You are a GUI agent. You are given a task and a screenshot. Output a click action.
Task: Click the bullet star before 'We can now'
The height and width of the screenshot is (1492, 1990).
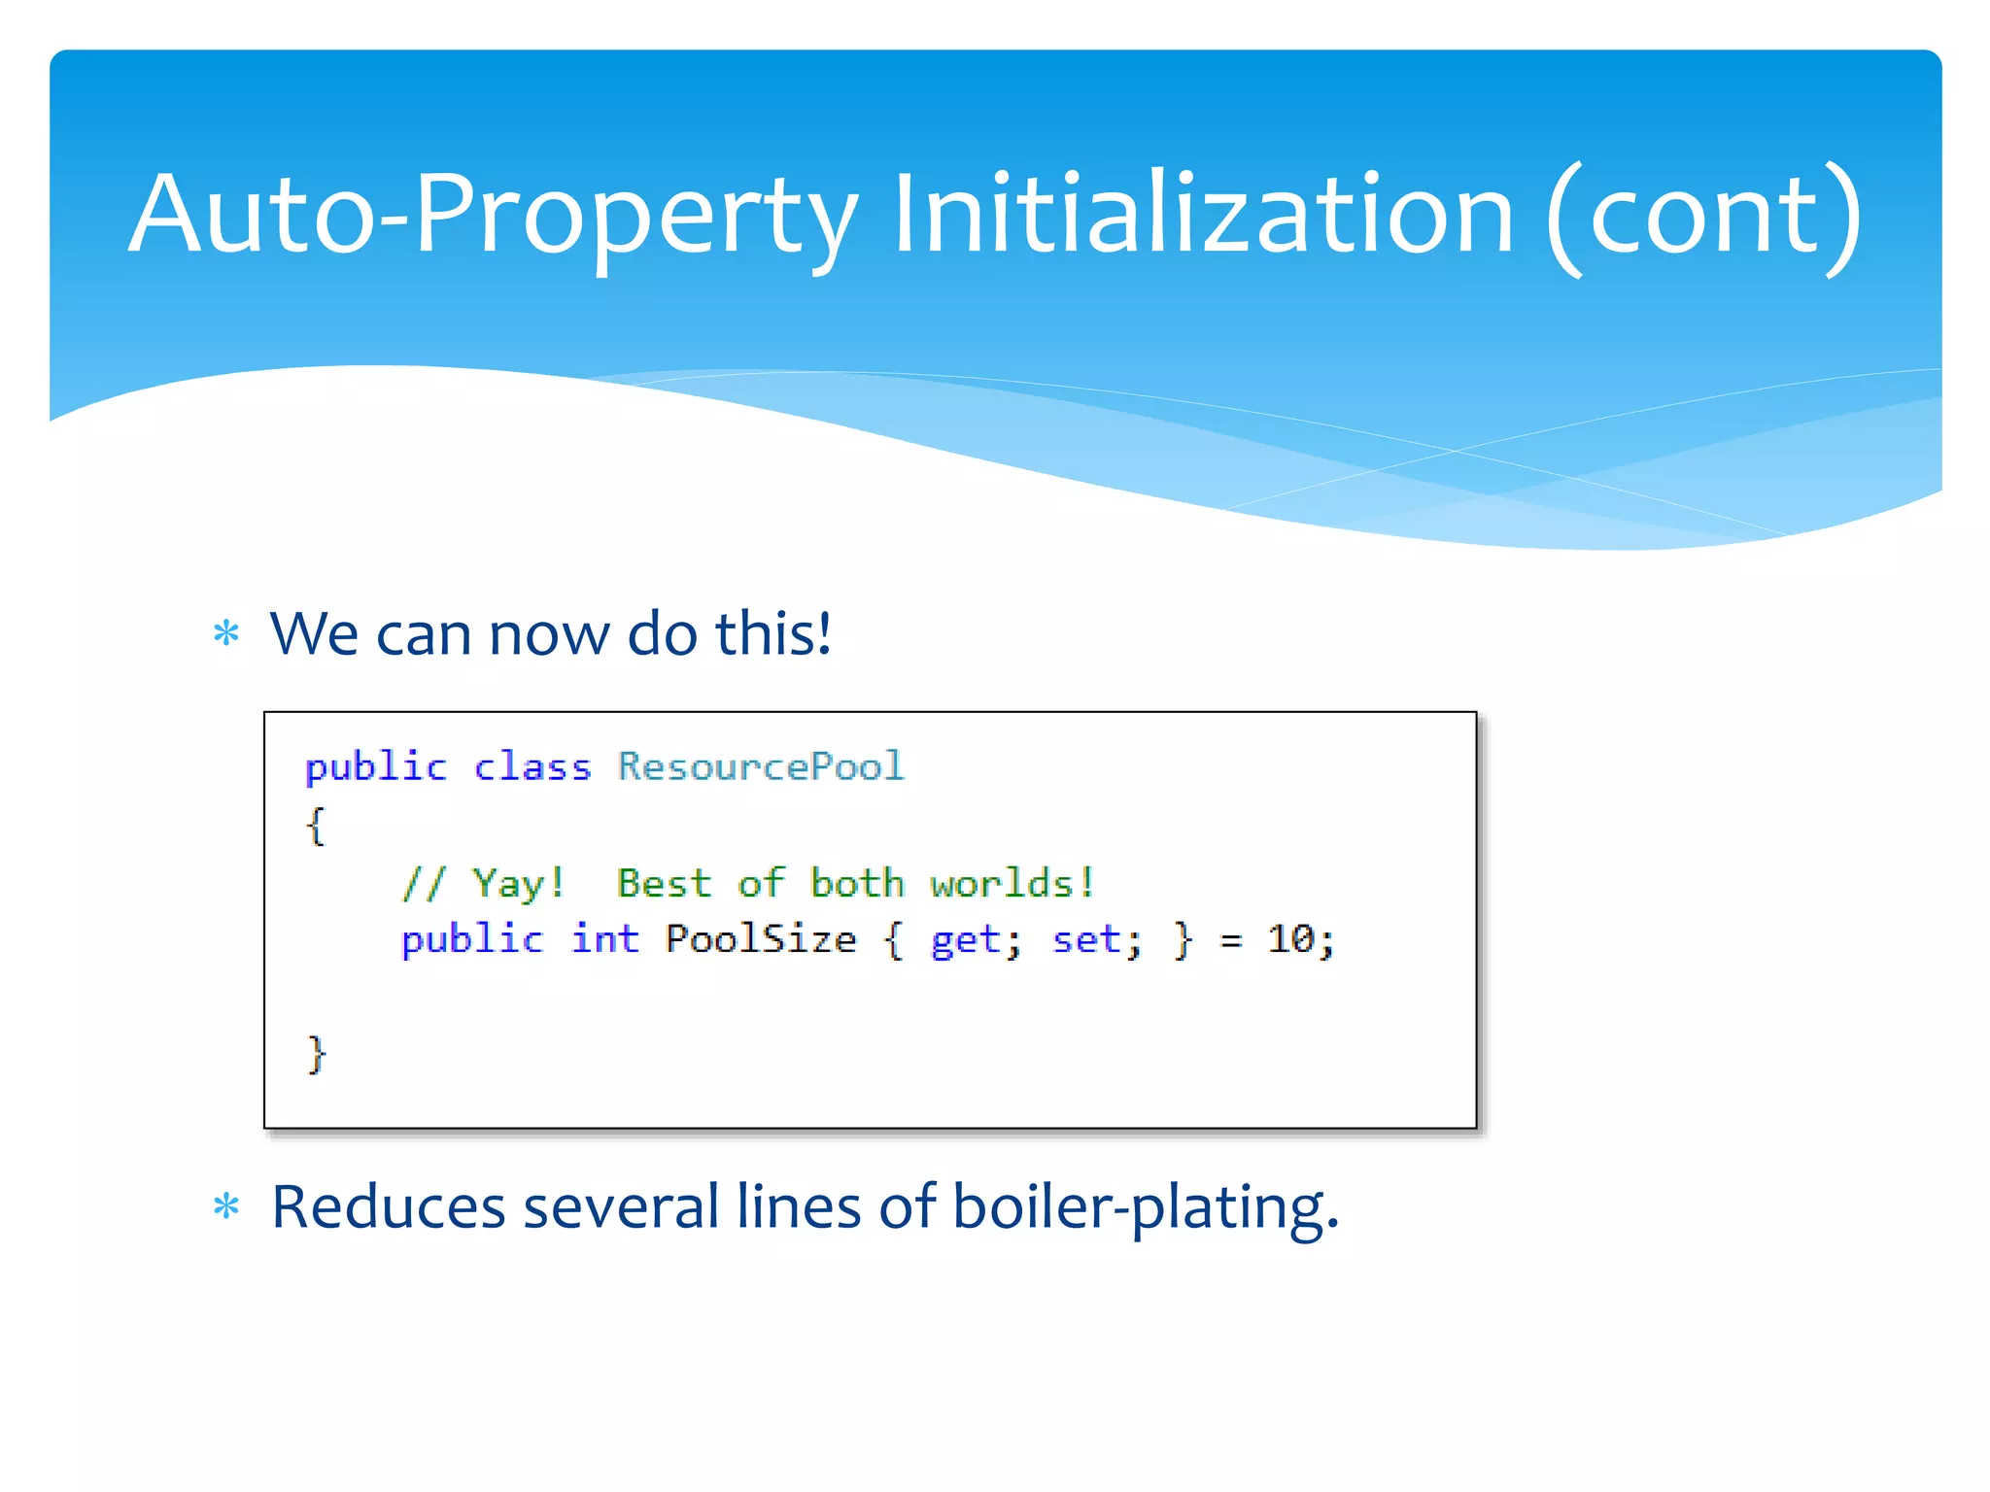pos(226,634)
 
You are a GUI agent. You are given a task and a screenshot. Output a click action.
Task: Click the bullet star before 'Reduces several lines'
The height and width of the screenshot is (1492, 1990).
pos(226,1207)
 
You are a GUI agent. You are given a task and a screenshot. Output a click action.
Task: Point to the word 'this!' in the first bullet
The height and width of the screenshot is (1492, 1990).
pos(773,633)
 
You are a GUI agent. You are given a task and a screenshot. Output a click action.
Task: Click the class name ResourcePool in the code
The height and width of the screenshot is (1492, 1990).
pos(761,766)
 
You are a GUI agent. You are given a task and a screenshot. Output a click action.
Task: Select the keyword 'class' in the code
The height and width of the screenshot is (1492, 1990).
pos(532,767)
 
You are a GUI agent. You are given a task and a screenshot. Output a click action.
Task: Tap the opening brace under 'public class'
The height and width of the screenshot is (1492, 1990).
pos(315,826)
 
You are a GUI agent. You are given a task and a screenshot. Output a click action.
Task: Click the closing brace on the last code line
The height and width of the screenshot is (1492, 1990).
pos(316,1054)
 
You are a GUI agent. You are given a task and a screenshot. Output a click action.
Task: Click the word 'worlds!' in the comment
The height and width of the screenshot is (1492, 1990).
pos(1012,883)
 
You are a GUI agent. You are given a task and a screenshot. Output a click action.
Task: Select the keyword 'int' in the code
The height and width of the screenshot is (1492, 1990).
pos(604,939)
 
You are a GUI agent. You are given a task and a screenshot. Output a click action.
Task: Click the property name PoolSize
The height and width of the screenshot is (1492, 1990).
pos(760,939)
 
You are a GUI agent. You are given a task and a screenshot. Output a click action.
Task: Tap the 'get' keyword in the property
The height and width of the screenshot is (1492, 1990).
pos(965,940)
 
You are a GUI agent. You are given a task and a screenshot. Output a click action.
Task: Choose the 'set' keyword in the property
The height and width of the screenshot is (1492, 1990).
pos(1086,939)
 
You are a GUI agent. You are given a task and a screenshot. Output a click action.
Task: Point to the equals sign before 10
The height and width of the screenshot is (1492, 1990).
pos(1231,940)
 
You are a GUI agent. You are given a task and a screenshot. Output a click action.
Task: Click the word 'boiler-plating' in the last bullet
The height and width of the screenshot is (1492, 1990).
pos(1143,1207)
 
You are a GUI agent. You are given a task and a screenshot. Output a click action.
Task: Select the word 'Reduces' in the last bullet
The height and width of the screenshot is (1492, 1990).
pos(388,1207)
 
